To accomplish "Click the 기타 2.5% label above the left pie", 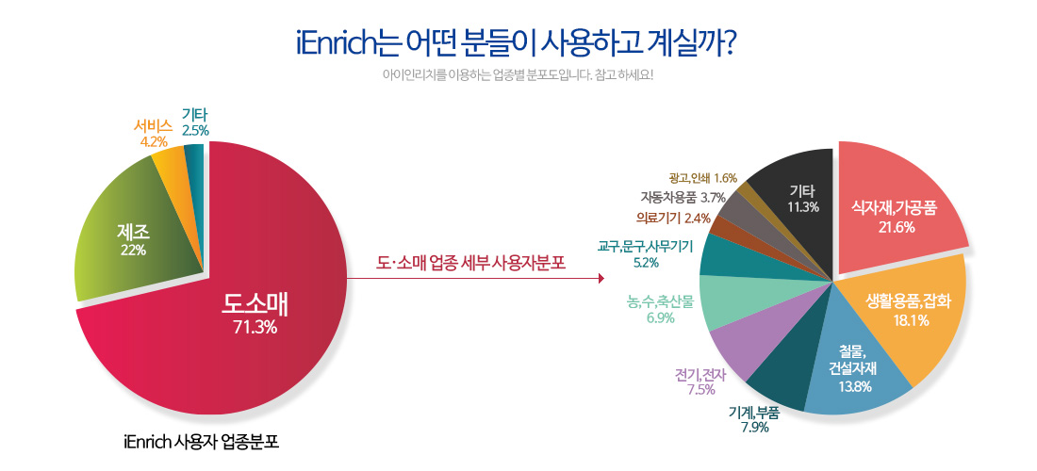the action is (x=195, y=124).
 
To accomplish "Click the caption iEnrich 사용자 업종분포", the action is (x=201, y=441).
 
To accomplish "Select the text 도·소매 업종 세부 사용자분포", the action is (x=471, y=263).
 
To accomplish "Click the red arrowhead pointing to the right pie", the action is (x=601, y=278).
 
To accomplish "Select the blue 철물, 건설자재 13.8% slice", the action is (x=853, y=364).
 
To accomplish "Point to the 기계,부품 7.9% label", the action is (x=754, y=419).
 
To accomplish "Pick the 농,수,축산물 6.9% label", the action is (x=660, y=310).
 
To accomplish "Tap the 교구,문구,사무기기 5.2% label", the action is (x=645, y=254).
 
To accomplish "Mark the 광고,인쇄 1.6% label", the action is (x=703, y=177).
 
